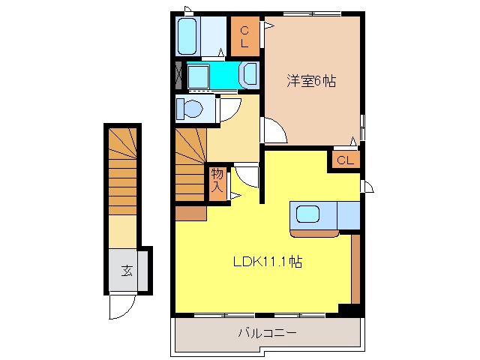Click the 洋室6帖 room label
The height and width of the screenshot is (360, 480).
(x=311, y=81)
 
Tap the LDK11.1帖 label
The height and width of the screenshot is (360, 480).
(x=268, y=262)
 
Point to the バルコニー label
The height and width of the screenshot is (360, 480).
(x=268, y=332)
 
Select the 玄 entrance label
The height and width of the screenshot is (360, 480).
(x=127, y=270)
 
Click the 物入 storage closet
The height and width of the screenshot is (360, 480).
(x=217, y=184)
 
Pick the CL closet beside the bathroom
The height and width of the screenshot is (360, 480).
(x=244, y=37)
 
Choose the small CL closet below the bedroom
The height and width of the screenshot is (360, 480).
(x=346, y=160)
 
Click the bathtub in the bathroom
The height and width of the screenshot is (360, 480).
(x=187, y=37)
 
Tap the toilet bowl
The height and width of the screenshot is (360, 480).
(x=192, y=108)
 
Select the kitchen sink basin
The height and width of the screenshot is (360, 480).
(x=307, y=214)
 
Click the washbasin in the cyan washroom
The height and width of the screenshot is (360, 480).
(x=250, y=74)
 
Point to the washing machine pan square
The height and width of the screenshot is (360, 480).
(x=198, y=76)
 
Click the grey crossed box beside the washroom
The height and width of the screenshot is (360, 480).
(x=178, y=75)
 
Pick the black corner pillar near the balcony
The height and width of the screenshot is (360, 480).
(x=350, y=309)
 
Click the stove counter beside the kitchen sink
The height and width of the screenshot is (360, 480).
(x=348, y=215)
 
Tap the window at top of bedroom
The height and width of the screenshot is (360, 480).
(x=312, y=13)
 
